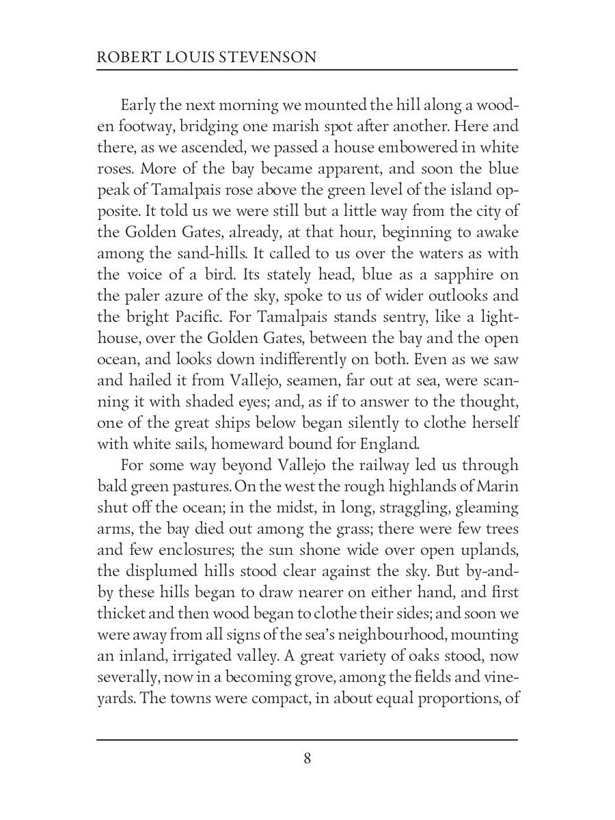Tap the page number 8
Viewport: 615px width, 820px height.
[x=307, y=758]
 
